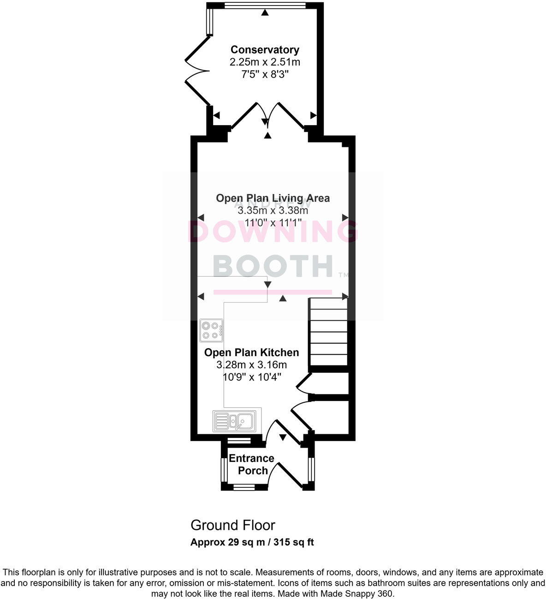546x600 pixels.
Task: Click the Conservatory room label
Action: pos(265,50)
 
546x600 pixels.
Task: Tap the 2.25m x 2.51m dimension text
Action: pos(265,62)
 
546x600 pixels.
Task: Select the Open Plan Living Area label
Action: pos(273,198)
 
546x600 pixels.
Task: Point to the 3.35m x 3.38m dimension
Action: pos(273,211)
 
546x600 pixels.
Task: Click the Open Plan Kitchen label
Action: pos(251,352)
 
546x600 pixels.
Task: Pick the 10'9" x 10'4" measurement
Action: pos(251,377)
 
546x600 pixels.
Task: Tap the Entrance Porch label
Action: pos(252,464)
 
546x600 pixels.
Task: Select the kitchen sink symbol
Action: pos(233,421)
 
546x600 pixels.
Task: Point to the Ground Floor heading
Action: pos(233,525)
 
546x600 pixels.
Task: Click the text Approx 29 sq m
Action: pos(227,542)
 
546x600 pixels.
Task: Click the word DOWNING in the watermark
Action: pos(273,232)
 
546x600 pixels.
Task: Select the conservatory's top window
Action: pos(264,6)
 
